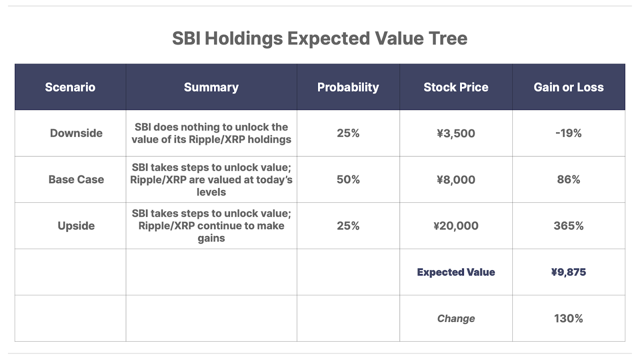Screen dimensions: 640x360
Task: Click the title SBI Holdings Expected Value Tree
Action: tap(320, 38)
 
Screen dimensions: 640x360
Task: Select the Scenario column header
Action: tap(70, 87)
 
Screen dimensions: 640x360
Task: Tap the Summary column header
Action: tap(211, 88)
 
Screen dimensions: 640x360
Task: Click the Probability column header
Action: tap(348, 88)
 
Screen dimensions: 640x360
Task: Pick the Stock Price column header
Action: tap(456, 87)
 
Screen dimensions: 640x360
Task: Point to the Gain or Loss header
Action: tap(568, 87)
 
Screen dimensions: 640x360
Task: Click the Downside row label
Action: tap(76, 133)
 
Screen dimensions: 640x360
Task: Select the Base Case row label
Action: tap(76, 180)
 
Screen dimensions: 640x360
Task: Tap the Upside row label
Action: tap(76, 226)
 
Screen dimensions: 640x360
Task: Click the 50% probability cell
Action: tap(348, 180)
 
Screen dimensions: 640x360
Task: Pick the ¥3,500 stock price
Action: tap(456, 134)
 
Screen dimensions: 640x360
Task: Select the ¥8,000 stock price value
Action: tap(456, 180)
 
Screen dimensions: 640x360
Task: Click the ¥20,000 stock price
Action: tap(456, 226)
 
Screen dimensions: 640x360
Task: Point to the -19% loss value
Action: tap(568, 133)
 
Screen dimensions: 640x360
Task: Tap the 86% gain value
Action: tap(568, 180)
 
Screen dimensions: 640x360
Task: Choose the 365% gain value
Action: tap(568, 226)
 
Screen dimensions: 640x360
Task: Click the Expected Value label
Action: tap(456, 272)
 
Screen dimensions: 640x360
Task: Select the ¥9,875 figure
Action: tap(568, 272)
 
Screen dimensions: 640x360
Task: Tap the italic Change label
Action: tap(456, 318)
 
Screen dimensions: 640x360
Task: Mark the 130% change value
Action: tap(568, 318)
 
